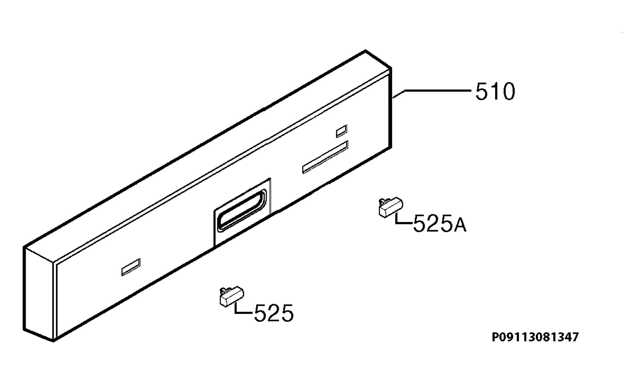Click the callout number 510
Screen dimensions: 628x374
pos(495,91)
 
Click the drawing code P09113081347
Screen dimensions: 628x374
pos(535,337)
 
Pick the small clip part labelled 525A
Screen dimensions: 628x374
pos(391,207)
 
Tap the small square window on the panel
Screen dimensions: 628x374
pos(341,131)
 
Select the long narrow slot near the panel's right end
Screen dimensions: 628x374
pos(325,157)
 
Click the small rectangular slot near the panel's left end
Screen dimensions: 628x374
pos(131,267)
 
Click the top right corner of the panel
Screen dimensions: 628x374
pos(391,68)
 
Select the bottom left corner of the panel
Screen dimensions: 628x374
pos(53,341)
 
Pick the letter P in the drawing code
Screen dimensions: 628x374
pos(495,337)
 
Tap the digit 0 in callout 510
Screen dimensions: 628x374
pos(508,91)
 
